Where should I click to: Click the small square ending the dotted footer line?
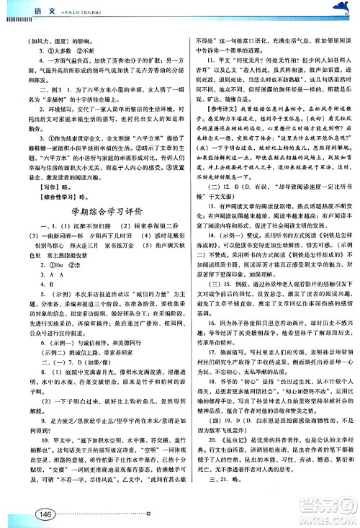point(149,514)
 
